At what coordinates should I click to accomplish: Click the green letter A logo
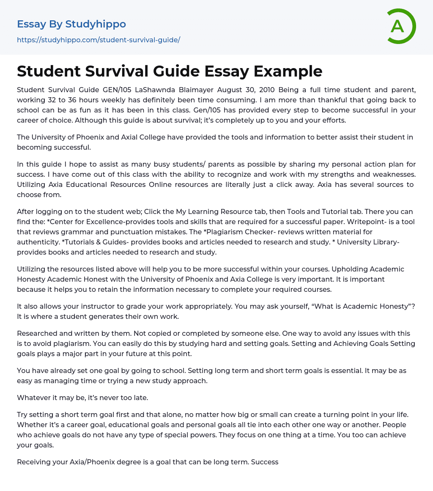pos(401,26)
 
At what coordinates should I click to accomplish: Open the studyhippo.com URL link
pos(99,40)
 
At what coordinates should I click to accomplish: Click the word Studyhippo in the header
pos(96,24)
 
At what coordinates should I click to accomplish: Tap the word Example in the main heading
pos(288,71)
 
